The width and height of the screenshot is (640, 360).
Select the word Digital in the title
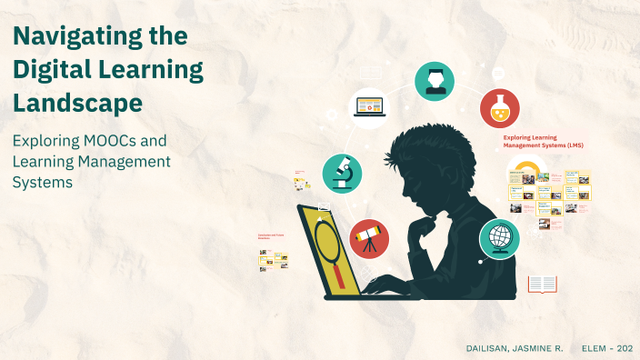coord(56,71)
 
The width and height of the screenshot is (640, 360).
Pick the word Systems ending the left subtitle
coord(42,182)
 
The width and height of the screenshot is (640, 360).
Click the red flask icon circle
coord(499,107)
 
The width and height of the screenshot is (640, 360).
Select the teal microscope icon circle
coord(343,173)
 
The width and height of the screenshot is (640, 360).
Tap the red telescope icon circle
coord(369,238)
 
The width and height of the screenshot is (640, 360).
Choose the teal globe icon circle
coord(499,239)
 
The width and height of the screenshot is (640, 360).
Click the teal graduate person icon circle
coord(435,81)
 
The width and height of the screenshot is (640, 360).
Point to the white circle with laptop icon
coord(368,107)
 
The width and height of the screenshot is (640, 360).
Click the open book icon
coord(542,285)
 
